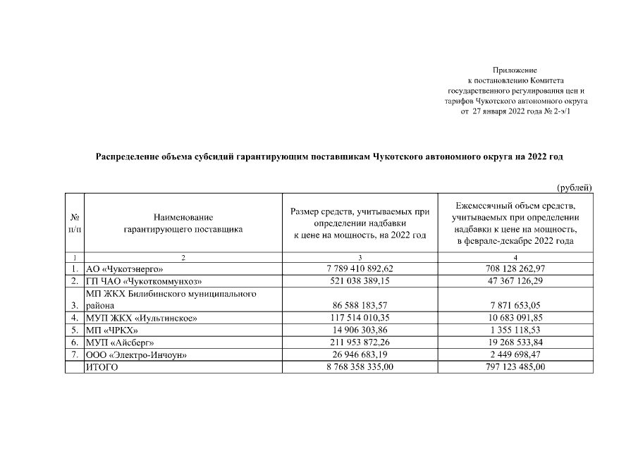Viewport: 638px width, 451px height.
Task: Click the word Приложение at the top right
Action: (515, 70)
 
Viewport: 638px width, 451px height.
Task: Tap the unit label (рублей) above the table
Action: (574, 187)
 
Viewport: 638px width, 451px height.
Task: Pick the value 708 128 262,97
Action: (515, 268)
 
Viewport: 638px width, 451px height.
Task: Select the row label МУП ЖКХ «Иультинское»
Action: (141, 318)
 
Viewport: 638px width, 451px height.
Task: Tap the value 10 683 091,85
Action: (515, 318)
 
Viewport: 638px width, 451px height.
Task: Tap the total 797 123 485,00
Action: (515, 366)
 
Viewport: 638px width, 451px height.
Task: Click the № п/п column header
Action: (74, 223)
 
